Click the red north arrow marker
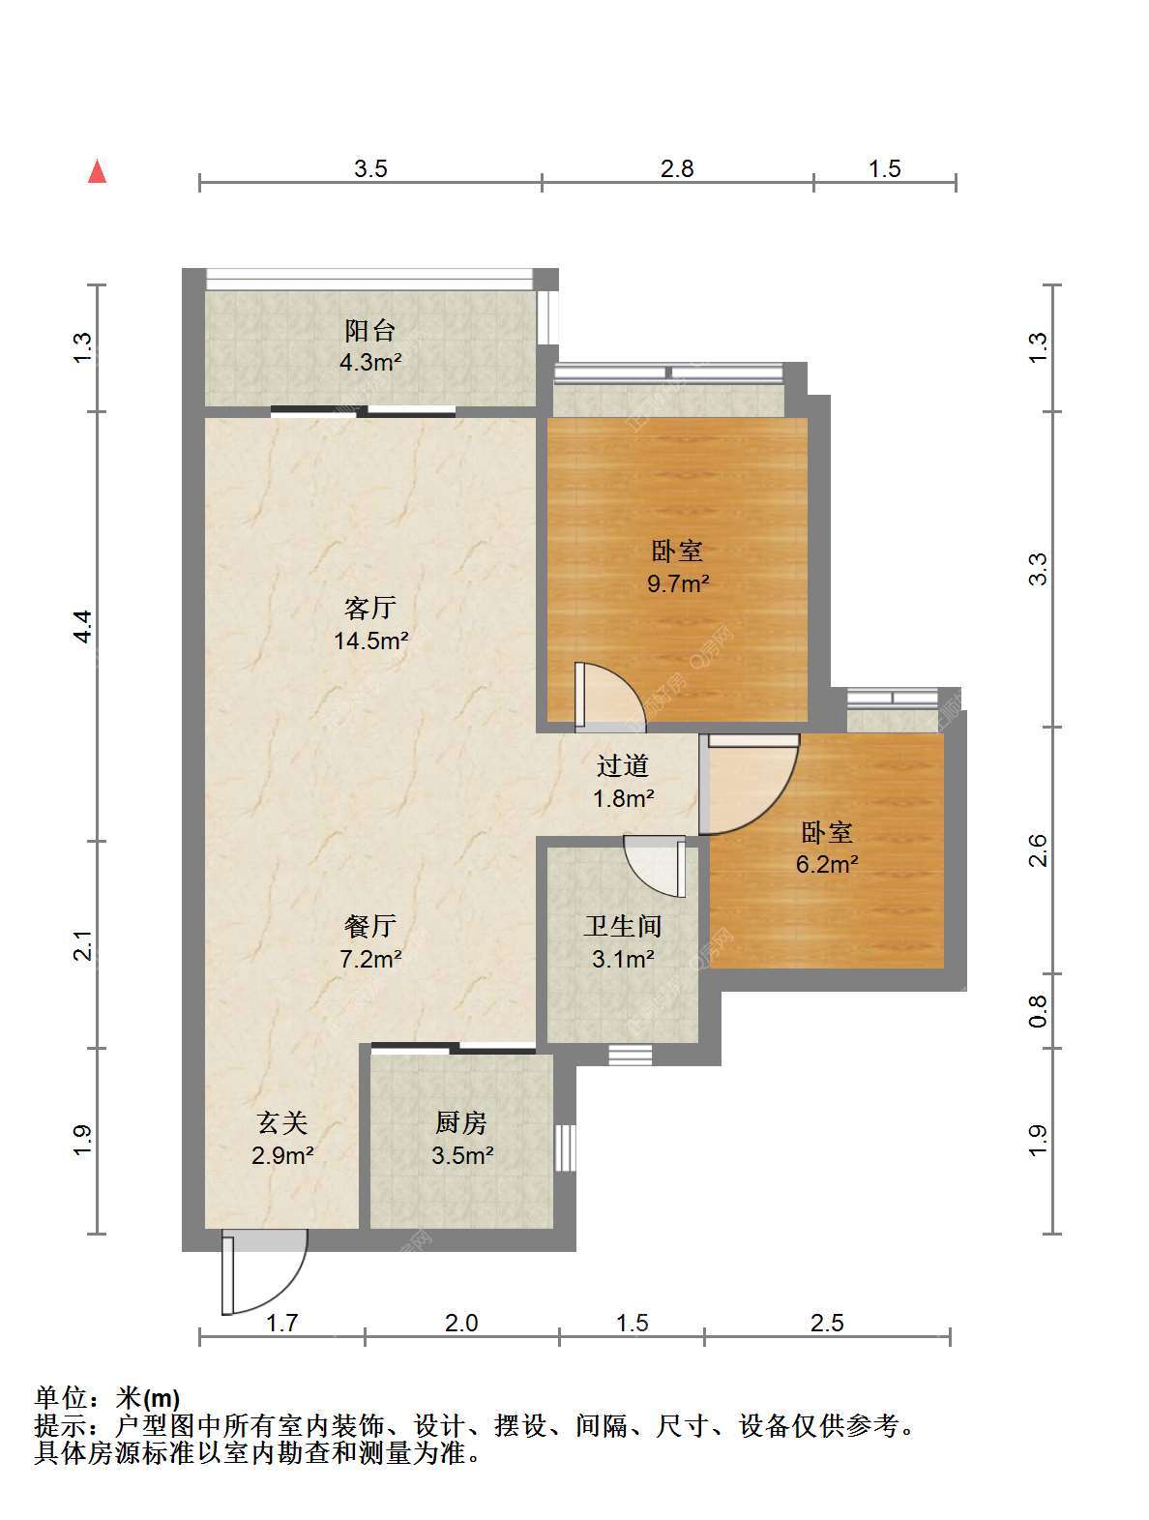[97, 171]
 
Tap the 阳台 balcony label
[370, 330]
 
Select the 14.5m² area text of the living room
[371, 641]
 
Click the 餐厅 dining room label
[370, 925]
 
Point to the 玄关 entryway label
[282, 1122]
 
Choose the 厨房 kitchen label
[461, 1122]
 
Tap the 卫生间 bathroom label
[622, 926]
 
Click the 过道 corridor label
[623, 765]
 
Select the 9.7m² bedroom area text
[678, 583]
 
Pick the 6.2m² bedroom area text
[827, 864]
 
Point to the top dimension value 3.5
[370, 168]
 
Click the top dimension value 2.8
[677, 168]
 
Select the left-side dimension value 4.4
[83, 627]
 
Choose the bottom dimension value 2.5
[827, 1323]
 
